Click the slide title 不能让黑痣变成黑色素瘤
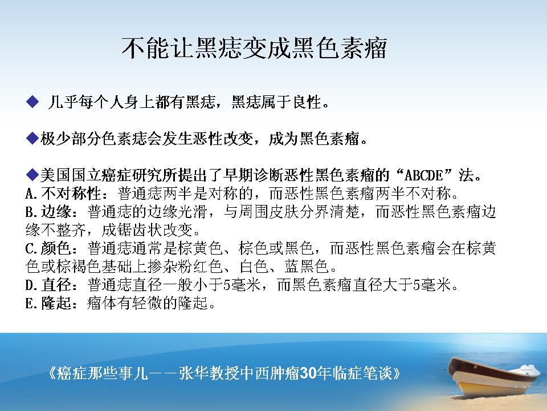click(254, 48)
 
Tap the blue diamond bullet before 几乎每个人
click(32, 102)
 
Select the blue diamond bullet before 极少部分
click(32, 138)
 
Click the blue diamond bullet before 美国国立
click(32, 175)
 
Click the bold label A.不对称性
click(63, 194)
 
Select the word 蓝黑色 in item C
click(307, 267)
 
